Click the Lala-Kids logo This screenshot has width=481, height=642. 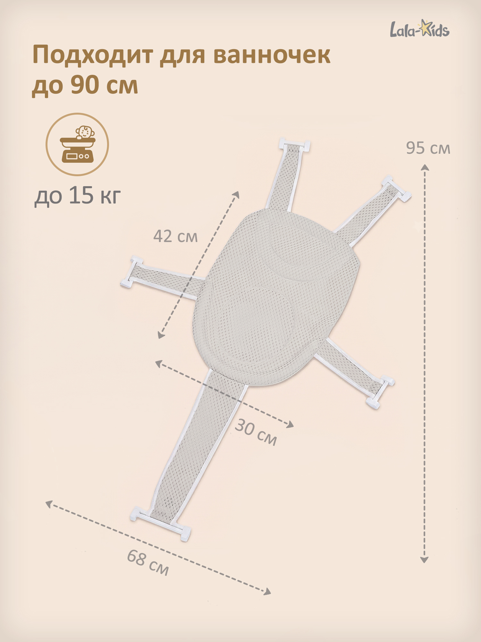pos(419,29)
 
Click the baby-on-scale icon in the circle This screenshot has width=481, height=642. pos(77,144)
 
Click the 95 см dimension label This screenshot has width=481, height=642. pos(428,148)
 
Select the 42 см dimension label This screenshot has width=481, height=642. pos(175,236)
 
